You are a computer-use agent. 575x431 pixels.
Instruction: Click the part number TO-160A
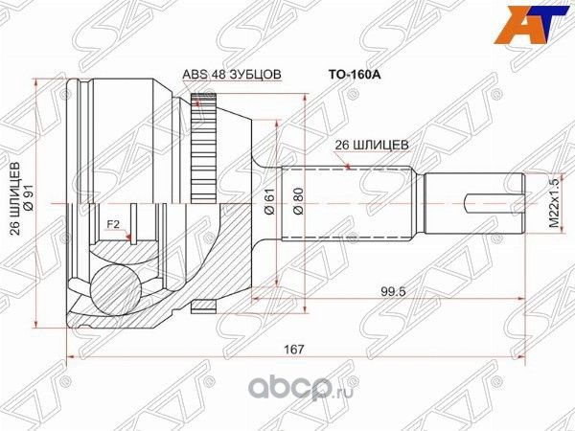pyautogui.click(x=342, y=71)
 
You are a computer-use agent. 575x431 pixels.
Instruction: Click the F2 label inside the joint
pyautogui.click(x=113, y=225)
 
